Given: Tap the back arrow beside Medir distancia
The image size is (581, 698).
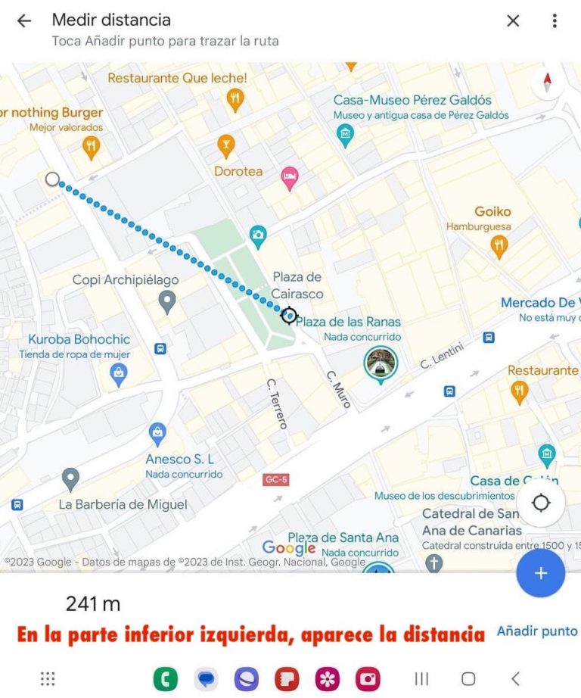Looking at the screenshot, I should click(24, 21).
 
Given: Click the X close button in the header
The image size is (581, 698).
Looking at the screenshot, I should click(513, 21).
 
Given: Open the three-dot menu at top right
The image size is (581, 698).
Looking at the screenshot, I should click(555, 21).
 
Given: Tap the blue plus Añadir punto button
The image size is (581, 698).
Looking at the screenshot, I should click(540, 573).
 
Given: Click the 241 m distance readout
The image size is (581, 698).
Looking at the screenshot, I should click(93, 603).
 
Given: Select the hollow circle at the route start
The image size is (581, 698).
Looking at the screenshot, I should click(52, 179).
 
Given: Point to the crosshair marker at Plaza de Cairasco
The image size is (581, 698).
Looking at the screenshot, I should click(288, 315).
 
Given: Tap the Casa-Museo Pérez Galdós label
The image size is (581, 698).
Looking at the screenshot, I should click(412, 100).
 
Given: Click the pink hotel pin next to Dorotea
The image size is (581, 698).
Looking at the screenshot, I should click(289, 179).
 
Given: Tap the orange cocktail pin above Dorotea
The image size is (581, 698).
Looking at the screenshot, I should click(225, 144).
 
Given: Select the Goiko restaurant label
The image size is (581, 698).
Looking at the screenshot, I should click(492, 212).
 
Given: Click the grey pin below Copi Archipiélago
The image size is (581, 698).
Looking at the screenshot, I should click(168, 304).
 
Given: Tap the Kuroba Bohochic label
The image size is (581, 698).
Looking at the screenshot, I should click(79, 340).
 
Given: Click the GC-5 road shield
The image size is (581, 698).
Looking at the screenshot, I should click(276, 480).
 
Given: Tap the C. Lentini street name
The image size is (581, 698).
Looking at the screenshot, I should click(442, 354).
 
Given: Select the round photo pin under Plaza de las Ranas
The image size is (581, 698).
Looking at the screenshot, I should click(380, 364).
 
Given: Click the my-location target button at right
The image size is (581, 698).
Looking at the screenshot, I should click(541, 503).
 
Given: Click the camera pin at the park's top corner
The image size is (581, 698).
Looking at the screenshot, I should click(258, 235).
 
